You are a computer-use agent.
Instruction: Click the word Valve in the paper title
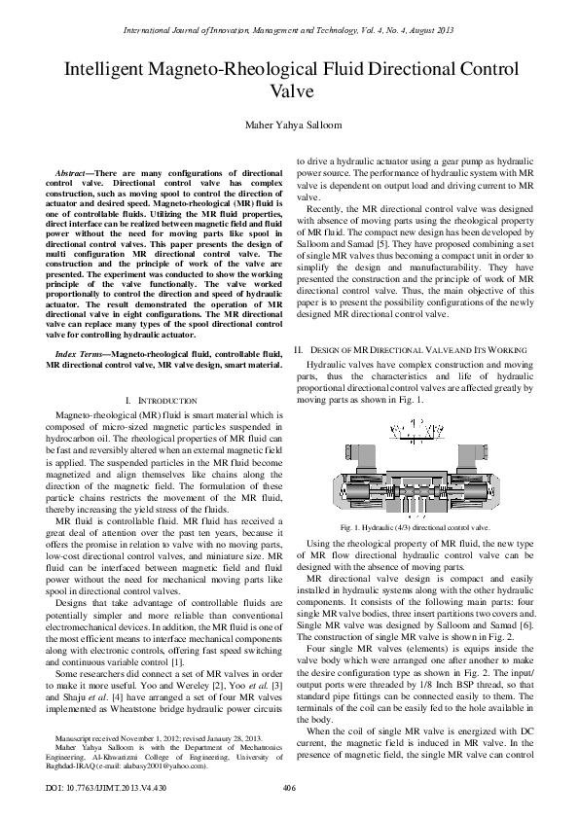click(x=289, y=93)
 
